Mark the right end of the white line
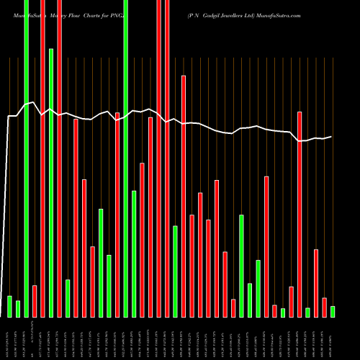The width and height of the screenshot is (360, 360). [332, 136]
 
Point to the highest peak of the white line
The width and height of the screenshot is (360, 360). [34, 102]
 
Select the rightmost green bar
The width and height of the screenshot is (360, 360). [333, 311]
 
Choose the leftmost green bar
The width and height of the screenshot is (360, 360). [9, 306]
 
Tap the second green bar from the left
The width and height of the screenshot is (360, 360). [18, 309]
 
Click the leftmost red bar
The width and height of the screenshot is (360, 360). [35, 301]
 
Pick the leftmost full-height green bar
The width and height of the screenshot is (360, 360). [26, 158]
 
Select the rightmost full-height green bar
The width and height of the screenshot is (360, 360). [126, 158]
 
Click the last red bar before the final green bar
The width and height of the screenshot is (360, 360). [324, 307]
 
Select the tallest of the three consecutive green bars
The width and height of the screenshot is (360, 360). [101, 263]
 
